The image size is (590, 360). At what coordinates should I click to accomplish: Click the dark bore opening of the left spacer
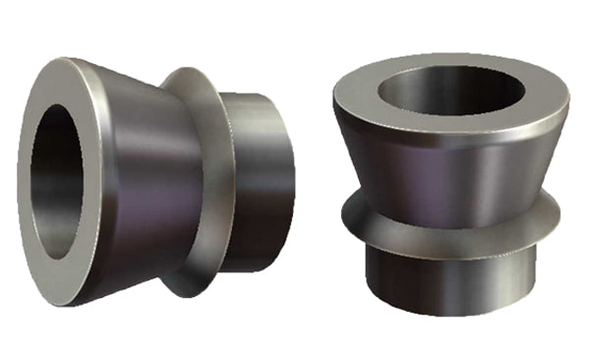[x=61, y=181]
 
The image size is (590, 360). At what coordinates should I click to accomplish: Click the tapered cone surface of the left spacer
[x=147, y=177]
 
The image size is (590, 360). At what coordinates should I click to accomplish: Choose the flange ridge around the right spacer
[x=452, y=231]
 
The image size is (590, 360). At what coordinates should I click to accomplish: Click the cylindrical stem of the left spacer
[x=261, y=182]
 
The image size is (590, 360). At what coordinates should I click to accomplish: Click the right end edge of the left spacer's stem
[x=293, y=182]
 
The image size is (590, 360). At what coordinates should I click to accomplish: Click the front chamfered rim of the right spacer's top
[x=452, y=139]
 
